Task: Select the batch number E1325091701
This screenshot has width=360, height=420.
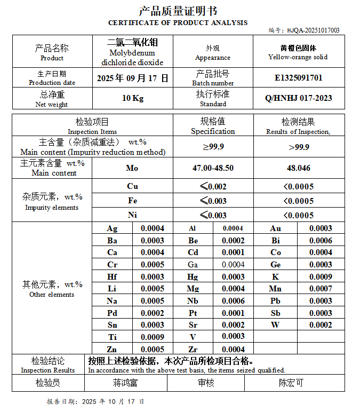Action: (298, 78)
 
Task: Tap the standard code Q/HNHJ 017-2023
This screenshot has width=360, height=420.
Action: (298, 98)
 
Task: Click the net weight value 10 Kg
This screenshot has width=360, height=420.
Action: (133, 98)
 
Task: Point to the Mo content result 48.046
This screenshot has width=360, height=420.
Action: (298, 168)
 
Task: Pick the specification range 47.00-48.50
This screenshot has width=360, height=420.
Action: (213, 168)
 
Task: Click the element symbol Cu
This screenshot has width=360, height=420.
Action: (132, 187)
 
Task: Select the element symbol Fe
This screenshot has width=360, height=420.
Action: (132, 201)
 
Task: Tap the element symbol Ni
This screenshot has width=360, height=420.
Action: (132, 216)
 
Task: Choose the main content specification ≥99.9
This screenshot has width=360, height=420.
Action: (213, 147)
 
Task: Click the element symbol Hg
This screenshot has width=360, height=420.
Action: (193, 277)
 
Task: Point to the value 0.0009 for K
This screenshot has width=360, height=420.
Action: (321, 277)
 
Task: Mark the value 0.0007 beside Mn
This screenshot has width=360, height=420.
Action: (321, 289)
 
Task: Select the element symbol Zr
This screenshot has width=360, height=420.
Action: (193, 350)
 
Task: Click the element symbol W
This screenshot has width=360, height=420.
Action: (275, 325)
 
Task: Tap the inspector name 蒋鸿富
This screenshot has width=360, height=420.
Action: (125, 383)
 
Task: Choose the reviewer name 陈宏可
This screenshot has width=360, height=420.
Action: (291, 383)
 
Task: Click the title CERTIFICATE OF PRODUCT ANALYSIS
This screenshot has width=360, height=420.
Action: (178, 23)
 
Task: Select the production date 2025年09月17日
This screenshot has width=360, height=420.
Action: (132, 78)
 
